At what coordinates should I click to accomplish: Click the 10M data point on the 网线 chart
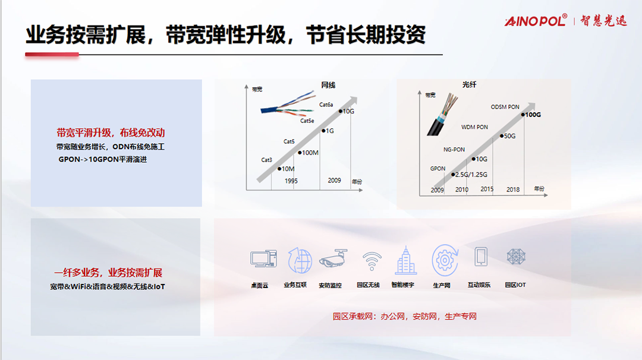coord(279,169)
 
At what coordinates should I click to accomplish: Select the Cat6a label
coord(326,105)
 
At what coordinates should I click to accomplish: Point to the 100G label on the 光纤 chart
coord(533,115)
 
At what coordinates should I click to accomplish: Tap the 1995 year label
coord(291,181)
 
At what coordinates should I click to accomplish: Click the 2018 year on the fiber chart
coord(512,190)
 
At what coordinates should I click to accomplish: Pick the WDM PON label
coord(474,127)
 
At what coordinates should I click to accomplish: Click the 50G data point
coord(502,136)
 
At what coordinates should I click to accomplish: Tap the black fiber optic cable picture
coord(442,115)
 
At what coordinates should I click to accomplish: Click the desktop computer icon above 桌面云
coord(263,258)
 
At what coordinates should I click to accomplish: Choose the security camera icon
coord(333,258)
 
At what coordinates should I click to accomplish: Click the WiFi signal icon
coord(372,261)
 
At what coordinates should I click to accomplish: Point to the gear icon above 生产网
coord(445,260)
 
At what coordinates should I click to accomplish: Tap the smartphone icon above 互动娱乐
coord(481,257)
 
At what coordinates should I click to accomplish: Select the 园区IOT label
coord(515,285)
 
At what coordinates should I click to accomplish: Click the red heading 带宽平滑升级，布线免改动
coord(111,132)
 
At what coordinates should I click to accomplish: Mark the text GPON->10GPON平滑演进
coord(102,159)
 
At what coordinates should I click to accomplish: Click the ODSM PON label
coord(505,107)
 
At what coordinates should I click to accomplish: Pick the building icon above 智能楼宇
coord(406,260)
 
